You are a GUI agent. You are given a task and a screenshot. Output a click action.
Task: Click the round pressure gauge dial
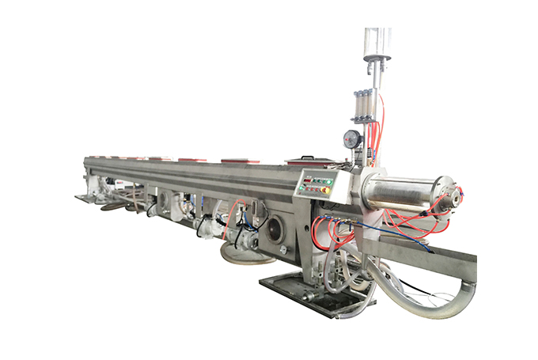click(x=353, y=139)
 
